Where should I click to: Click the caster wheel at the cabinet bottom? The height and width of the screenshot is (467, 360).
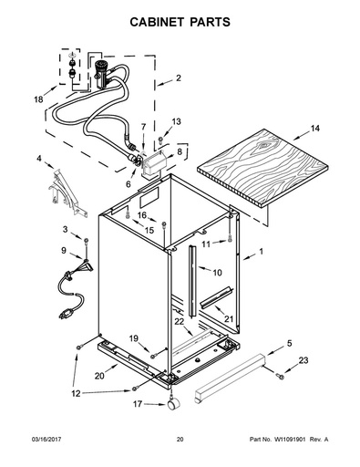pos(173,405)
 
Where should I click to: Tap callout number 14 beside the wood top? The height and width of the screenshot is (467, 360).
pos(315,129)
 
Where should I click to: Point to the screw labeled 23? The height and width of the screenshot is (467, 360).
pos(280,377)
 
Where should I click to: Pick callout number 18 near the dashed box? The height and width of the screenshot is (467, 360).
pos(38,99)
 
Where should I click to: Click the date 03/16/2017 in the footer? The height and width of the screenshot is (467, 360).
pos(46,440)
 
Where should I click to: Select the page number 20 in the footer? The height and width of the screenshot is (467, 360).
pos(180,440)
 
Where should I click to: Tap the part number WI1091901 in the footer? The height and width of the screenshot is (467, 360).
pos(290,440)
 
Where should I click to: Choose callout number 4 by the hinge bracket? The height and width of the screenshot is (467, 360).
pos(39,159)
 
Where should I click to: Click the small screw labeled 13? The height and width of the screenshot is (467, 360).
pos(160,140)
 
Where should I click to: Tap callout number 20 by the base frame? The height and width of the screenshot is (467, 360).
pos(99,376)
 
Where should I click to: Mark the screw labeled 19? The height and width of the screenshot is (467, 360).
pos(153,355)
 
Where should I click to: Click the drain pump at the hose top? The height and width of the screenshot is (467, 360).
pos(100,74)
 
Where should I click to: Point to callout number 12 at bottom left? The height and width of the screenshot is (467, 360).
pos(76,393)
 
